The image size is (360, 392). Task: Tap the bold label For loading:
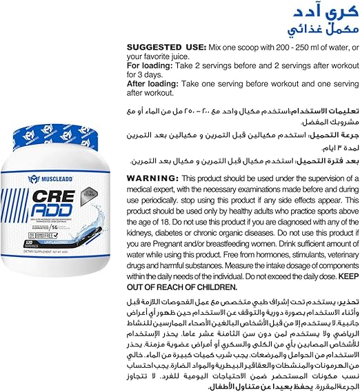click(149, 65)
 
